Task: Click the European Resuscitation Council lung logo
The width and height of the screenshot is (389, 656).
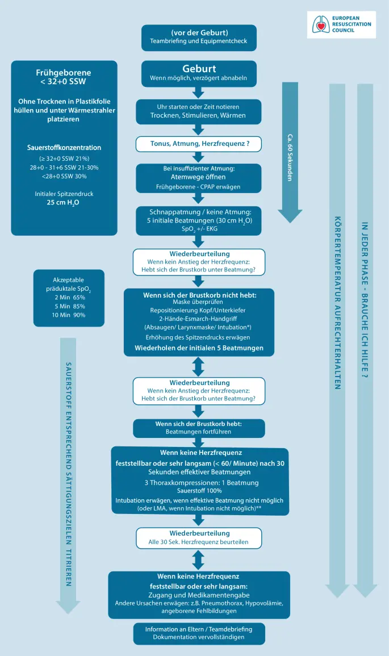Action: (x=322, y=24)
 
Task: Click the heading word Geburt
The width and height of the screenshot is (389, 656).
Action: (x=199, y=68)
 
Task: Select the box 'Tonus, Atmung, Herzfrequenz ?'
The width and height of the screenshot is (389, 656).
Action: (x=199, y=144)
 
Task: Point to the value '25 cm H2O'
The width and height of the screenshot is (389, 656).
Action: (x=64, y=202)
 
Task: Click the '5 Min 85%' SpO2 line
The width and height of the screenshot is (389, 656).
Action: (x=70, y=306)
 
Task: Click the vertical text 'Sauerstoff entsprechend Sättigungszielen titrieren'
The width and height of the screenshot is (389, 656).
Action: (x=69, y=466)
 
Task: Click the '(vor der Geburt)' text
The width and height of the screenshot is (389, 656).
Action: (x=199, y=32)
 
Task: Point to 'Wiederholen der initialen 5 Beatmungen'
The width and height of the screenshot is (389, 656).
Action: (x=199, y=348)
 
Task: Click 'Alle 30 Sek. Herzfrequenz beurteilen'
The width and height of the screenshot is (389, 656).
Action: (x=199, y=542)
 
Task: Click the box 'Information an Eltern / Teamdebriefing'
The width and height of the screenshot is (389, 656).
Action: (x=199, y=633)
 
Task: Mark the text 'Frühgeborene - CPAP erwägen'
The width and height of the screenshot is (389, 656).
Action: (x=199, y=186)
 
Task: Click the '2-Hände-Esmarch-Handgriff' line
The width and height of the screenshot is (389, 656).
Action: (x=199, y=319)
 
